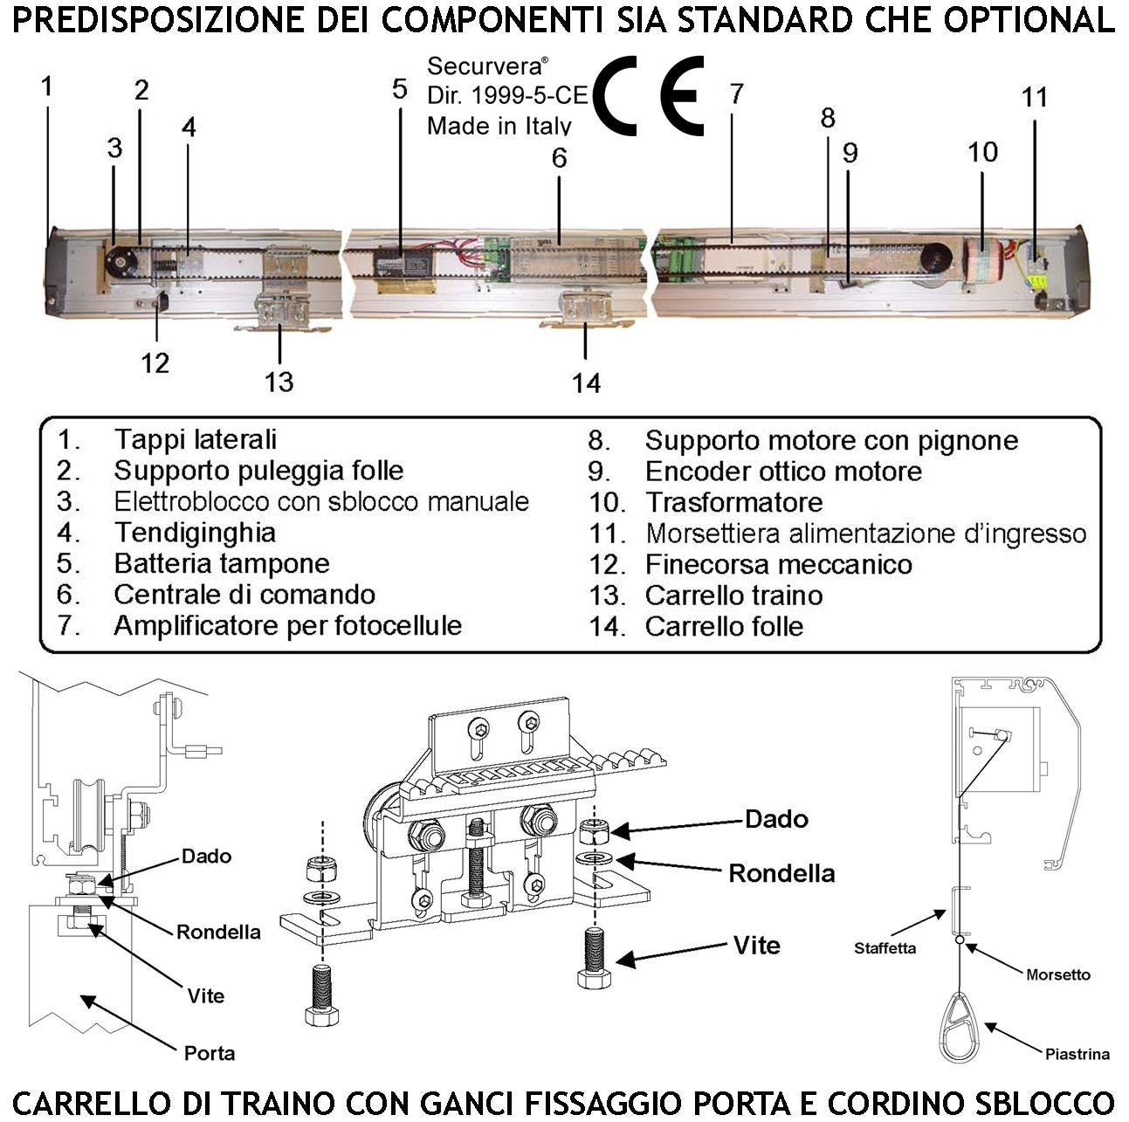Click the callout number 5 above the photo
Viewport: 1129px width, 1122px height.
399,89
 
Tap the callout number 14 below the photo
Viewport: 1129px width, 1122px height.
586,382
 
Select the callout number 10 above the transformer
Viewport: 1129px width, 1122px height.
982,152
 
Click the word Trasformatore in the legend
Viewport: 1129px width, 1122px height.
733,502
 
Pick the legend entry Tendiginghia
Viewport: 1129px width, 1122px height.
195,533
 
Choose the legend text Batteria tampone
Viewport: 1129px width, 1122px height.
222,563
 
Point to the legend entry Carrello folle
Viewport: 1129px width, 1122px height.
724,626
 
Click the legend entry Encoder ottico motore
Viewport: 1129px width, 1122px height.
783,472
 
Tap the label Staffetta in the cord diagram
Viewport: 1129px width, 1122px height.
885,948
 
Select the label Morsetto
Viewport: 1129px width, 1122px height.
1057,974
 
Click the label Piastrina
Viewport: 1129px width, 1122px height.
1077,1054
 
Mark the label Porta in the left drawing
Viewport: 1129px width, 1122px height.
210,1053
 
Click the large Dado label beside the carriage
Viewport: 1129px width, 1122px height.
776,819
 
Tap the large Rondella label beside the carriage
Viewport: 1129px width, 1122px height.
781,873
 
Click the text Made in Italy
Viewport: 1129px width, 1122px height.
499,126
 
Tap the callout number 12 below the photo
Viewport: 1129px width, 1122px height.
155,362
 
